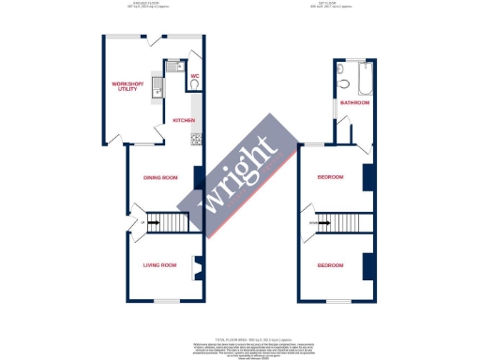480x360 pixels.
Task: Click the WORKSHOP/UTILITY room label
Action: point(127,86)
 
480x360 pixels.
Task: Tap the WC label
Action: point(195,75)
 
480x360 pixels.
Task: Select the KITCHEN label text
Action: point(183,121)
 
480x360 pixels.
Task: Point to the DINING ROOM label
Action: point(160,177)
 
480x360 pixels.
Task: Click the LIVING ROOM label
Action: point(159,265)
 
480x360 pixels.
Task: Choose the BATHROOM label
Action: point(354,102)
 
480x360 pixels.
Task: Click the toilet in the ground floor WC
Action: point(193,85)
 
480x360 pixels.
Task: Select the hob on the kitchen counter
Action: point(196,140)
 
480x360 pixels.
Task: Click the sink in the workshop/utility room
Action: point(159,91)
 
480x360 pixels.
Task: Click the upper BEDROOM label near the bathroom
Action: point(330,177)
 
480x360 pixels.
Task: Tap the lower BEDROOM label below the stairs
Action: point(330,265)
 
